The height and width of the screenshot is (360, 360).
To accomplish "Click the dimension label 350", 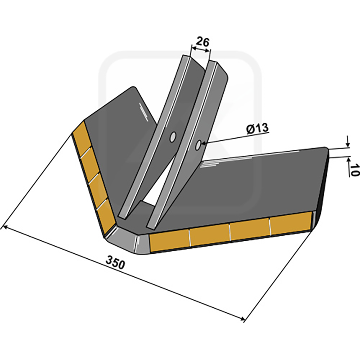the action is (x=115, y=263).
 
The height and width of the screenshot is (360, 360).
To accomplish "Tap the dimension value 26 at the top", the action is (x=203, y=42).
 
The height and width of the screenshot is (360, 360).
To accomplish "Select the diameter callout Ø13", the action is (x=257, y=129).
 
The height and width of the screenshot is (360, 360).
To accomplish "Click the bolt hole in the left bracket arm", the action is (x=172, y=137).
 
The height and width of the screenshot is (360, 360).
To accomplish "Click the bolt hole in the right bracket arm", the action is (x=198, y=145).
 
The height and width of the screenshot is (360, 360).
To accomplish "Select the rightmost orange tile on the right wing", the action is (x=291, y=223).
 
